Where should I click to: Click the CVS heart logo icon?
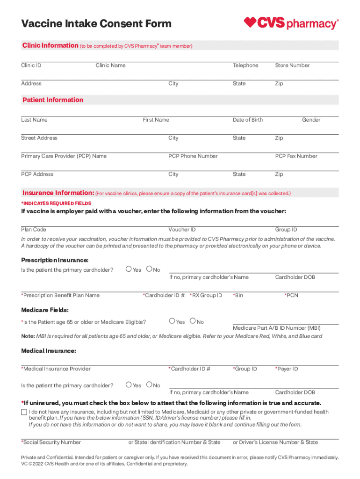click(x=251, y=22)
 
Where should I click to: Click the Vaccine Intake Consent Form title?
click(x=96, y=23)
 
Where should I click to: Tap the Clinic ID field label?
click(x=31, y=65)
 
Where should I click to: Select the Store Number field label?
click(x=292, y=65)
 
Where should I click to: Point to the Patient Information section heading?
click(x=53, y=100)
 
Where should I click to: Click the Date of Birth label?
click(x=248, y=120)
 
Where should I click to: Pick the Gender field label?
click(x=311, y=120)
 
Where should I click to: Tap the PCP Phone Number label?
click(x=193, y=156)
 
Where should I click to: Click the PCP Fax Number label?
click(x=296, y=156)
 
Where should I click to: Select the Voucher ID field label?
click(x=182, y=230)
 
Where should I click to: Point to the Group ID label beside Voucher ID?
click(x=286, y=230)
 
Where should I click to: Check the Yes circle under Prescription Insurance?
click(x=129, y=269)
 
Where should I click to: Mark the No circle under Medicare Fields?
click(x=193, y=321)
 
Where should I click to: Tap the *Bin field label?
click(x=238, y=296)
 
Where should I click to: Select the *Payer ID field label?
click(x=286, y=369)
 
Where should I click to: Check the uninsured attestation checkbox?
click(x=24, y=412)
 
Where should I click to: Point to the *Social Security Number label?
click(x=51, y=442)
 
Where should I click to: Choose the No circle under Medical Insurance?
click(x=149, y=385)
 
